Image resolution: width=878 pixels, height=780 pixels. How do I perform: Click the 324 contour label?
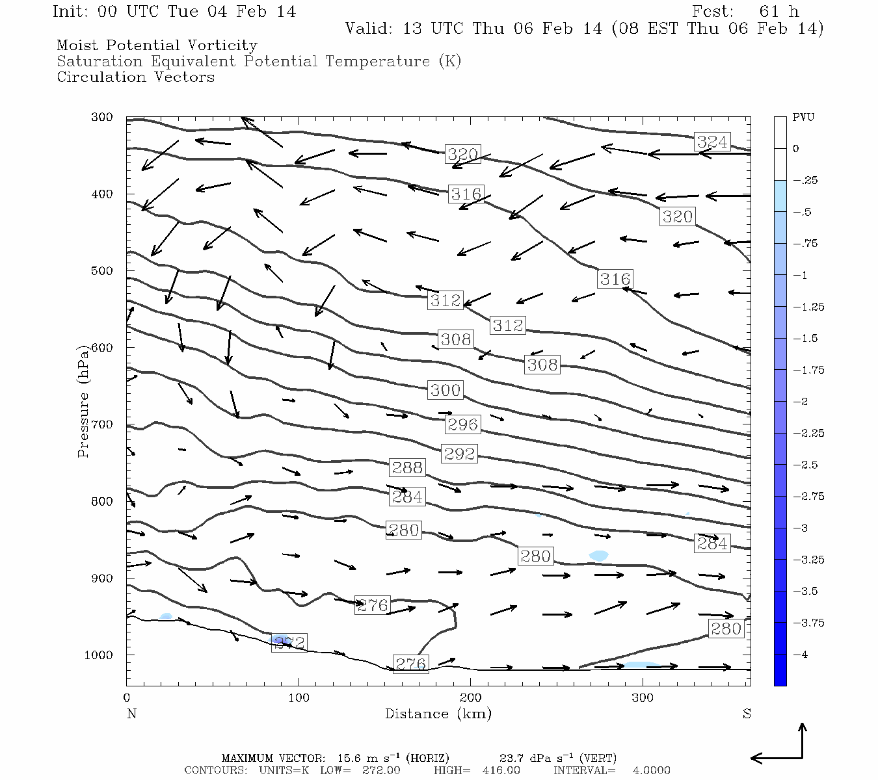(712, 142)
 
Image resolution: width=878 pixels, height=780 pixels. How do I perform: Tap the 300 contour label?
(446, 390)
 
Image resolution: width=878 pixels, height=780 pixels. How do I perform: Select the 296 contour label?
(462, 424)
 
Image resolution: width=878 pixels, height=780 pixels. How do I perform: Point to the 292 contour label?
(459, 453)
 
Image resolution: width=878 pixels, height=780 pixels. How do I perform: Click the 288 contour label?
(407, 467)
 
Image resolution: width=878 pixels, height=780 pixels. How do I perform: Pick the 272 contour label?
(289, 643)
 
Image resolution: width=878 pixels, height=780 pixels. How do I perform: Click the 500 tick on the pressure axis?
(102, 270)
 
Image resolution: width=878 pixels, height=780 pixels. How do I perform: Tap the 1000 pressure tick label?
(99, 655)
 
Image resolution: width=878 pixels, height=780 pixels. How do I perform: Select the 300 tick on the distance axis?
(643, 698)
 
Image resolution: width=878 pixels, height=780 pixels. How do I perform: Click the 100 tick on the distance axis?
(299, 698)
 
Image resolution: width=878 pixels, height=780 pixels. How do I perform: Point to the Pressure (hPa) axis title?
(83, 406)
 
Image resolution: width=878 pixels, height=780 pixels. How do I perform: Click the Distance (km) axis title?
(438, 714)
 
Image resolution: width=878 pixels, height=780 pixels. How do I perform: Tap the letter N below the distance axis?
(131, 714)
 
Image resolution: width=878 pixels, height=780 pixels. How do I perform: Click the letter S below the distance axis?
(747, 714)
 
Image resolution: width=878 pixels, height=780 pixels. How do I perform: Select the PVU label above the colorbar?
(803, 118)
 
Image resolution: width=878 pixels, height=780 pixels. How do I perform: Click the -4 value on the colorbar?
(801, 655)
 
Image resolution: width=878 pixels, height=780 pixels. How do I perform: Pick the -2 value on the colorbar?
(801, 402)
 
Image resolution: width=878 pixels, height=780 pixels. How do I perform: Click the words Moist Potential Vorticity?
(157, 45)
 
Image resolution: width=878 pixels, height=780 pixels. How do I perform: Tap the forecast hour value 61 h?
(778, 12)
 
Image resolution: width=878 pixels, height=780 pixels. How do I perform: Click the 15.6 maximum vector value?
(349, 758)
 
